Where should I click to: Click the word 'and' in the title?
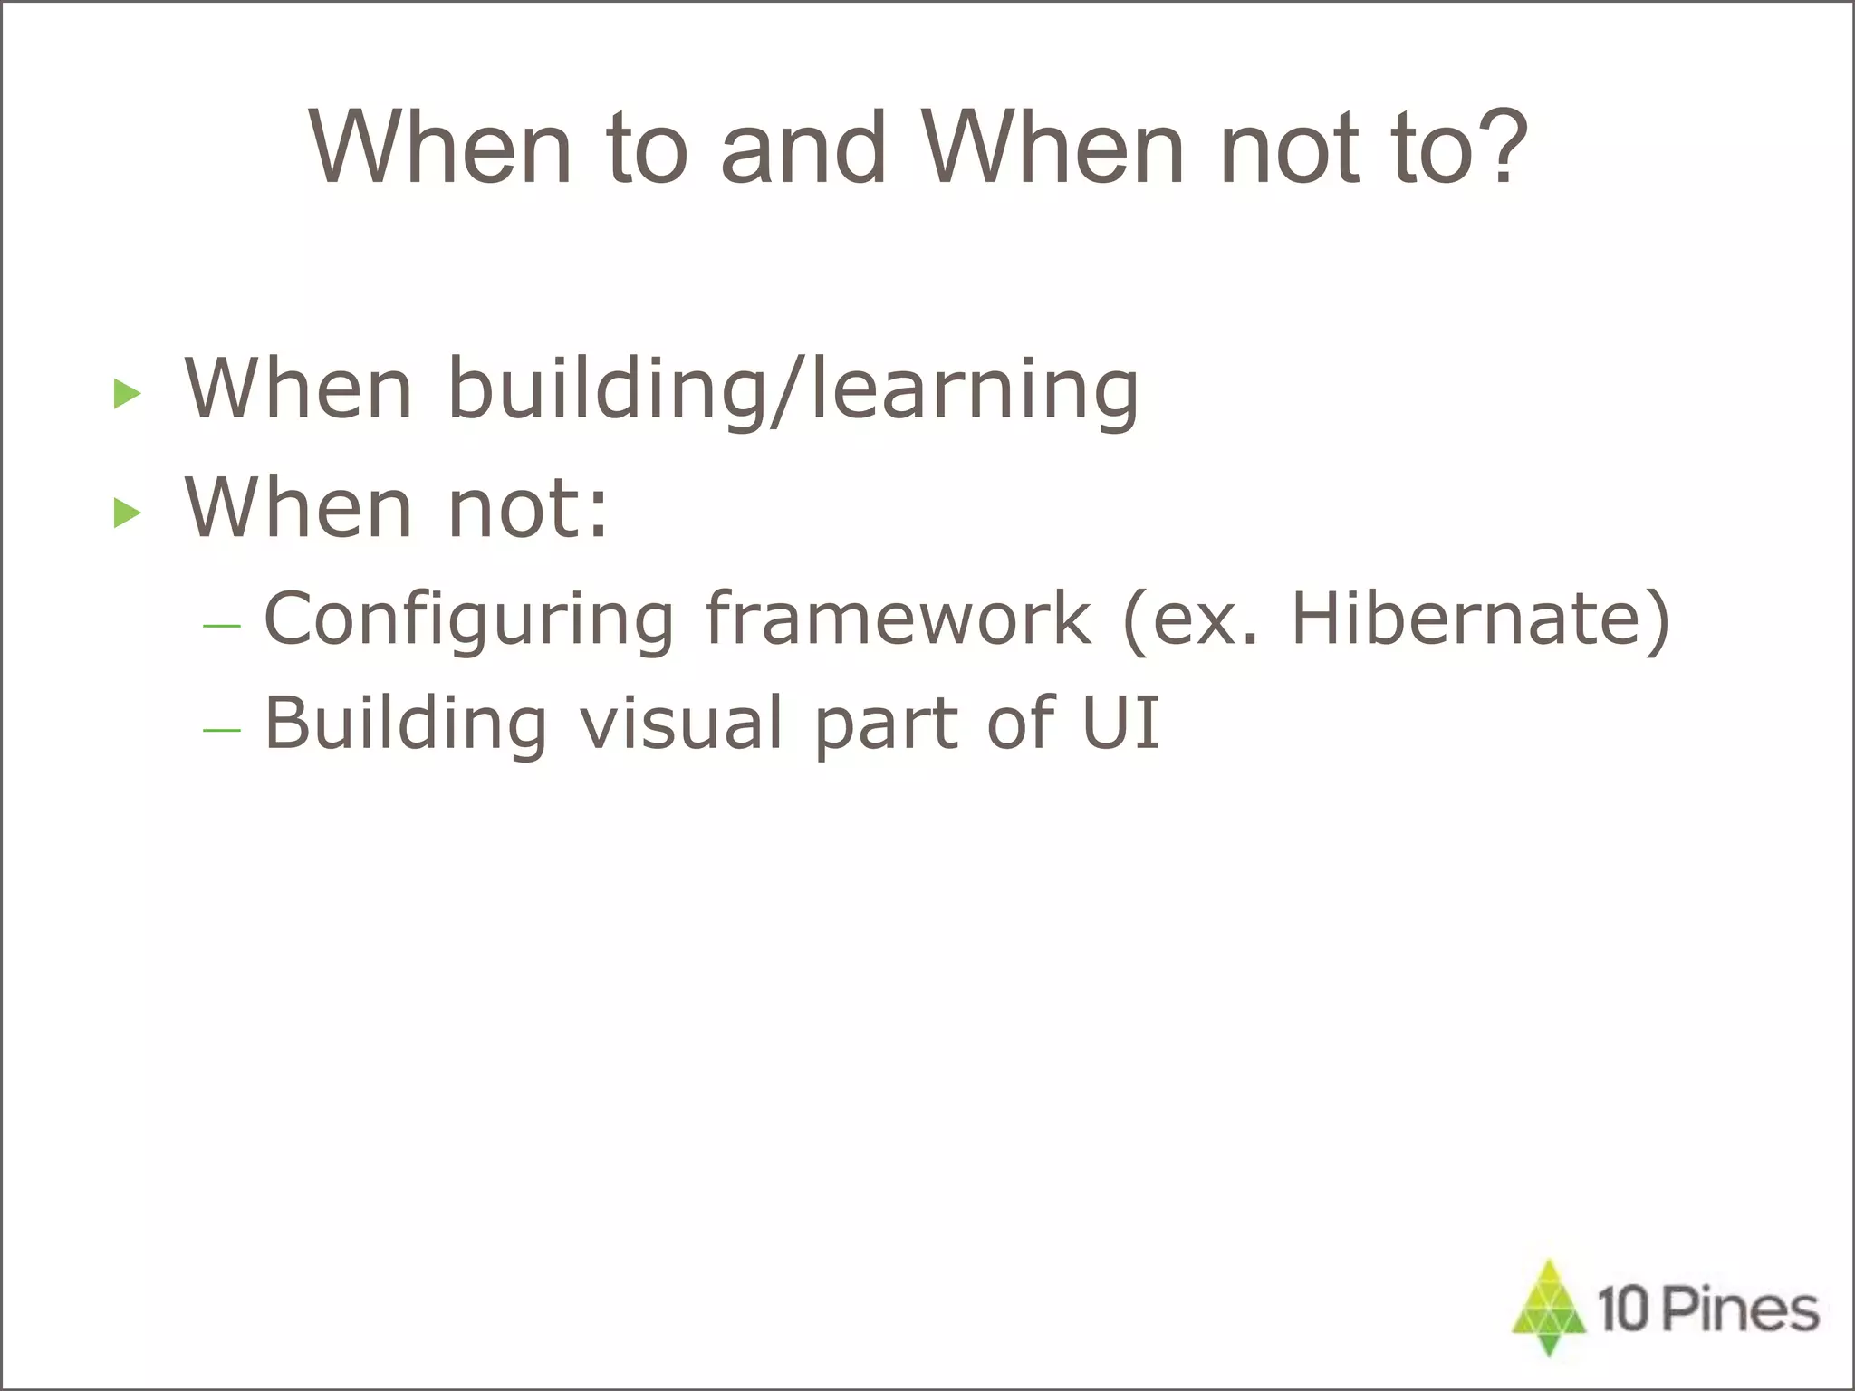803,147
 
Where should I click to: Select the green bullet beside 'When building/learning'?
128,394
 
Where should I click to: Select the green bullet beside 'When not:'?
128,513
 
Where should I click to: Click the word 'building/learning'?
793,389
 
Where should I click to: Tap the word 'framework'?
898,618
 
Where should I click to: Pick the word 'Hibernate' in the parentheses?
1467,618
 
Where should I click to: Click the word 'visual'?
681,723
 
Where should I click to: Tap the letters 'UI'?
1121,723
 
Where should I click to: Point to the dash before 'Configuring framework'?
222,626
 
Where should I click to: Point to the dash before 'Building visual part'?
222,730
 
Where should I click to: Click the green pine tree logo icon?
1549,1307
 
